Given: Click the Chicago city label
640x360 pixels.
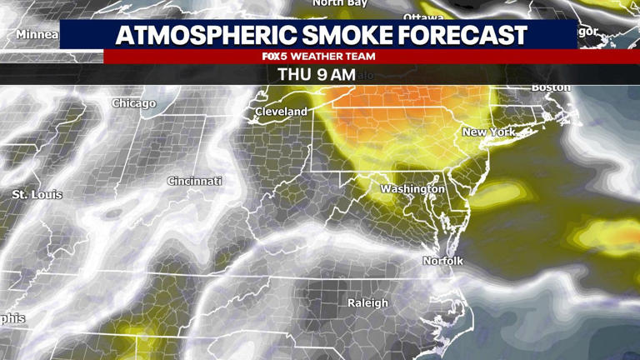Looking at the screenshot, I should click(134, 103).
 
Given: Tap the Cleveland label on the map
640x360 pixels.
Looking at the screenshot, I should click(281, 111).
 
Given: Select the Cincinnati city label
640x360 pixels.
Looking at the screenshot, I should click(194, 181).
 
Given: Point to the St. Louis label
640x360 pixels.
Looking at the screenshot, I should click(37, 194).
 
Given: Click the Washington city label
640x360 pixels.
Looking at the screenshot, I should click(412, 189).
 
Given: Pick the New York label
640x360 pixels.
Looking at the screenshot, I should click(488, 132).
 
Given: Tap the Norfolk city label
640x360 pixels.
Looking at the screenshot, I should click(442, 262).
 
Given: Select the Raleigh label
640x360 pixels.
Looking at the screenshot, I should click(367, 302).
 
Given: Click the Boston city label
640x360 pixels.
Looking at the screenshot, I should click(551, 87).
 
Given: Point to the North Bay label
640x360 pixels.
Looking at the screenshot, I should click(339, 3).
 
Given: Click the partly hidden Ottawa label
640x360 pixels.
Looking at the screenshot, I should click(423, 17).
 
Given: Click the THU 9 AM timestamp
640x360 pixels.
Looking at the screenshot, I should click(316, 74).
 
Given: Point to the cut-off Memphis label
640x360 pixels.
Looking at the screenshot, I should click(12, 318).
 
